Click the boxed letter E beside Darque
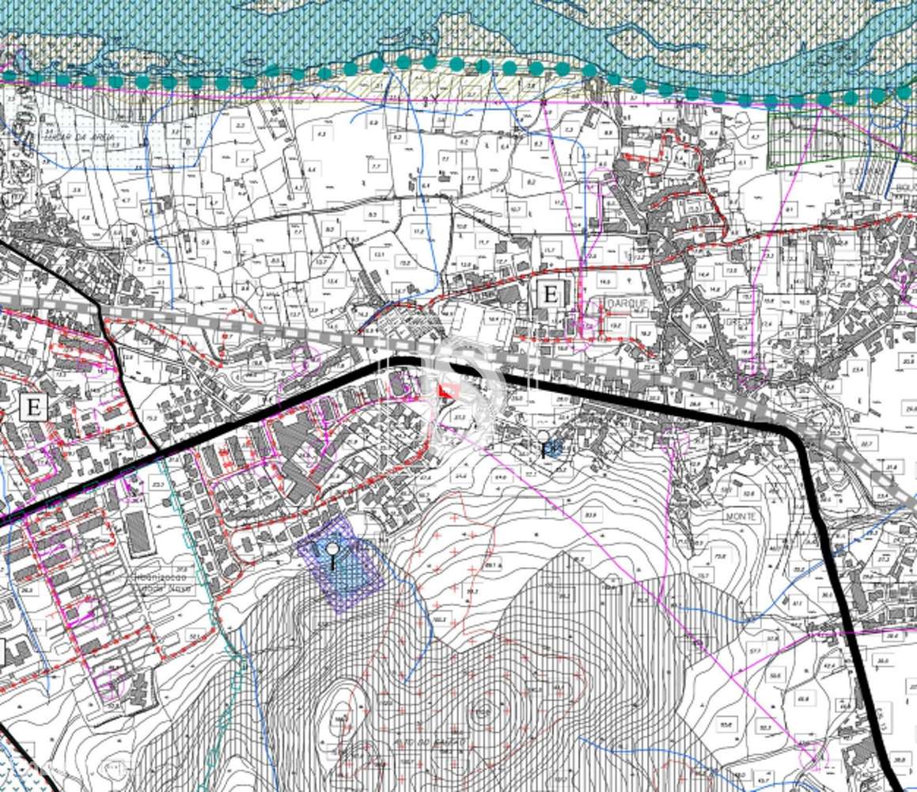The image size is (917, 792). pos(549,294)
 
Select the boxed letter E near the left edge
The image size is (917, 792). pos(33,406)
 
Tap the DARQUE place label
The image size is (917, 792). pos(626,304)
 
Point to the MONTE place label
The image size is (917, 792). pos(741,516)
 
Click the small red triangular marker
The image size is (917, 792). pos(448,391)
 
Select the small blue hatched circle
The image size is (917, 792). pos(554,449)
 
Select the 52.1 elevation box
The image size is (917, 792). pos(192,634)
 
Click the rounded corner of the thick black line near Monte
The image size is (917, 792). pos(791,433)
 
